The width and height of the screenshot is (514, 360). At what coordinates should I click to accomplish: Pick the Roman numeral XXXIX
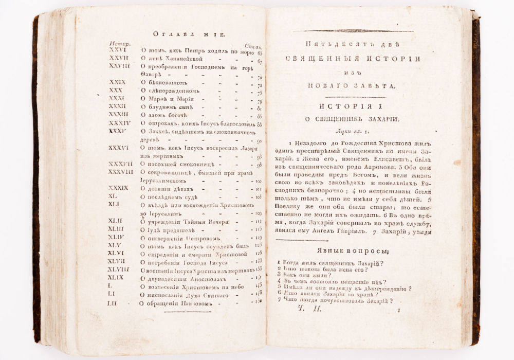point(119,189)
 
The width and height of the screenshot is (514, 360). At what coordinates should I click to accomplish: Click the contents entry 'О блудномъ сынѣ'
point(166,107)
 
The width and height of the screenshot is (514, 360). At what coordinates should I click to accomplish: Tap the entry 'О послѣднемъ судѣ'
point(170,198)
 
